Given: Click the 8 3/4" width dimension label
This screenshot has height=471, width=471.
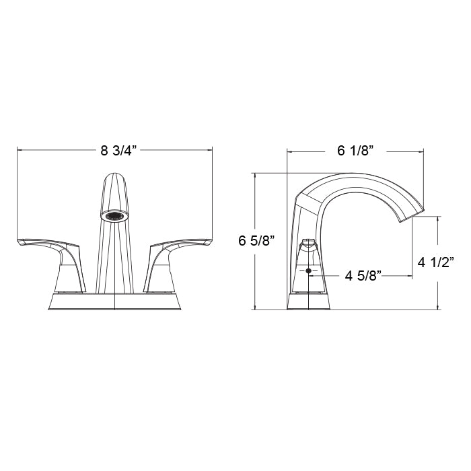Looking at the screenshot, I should pos(118,150).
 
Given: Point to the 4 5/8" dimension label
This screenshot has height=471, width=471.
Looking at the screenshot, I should pos(363,275).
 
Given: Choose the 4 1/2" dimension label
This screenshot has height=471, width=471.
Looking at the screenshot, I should pos(436,262).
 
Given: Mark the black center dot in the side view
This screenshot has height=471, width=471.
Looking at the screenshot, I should pos(309,270).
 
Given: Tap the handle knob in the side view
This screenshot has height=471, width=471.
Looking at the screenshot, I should pos(309,242).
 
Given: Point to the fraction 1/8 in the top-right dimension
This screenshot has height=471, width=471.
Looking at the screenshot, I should pos(363,151).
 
